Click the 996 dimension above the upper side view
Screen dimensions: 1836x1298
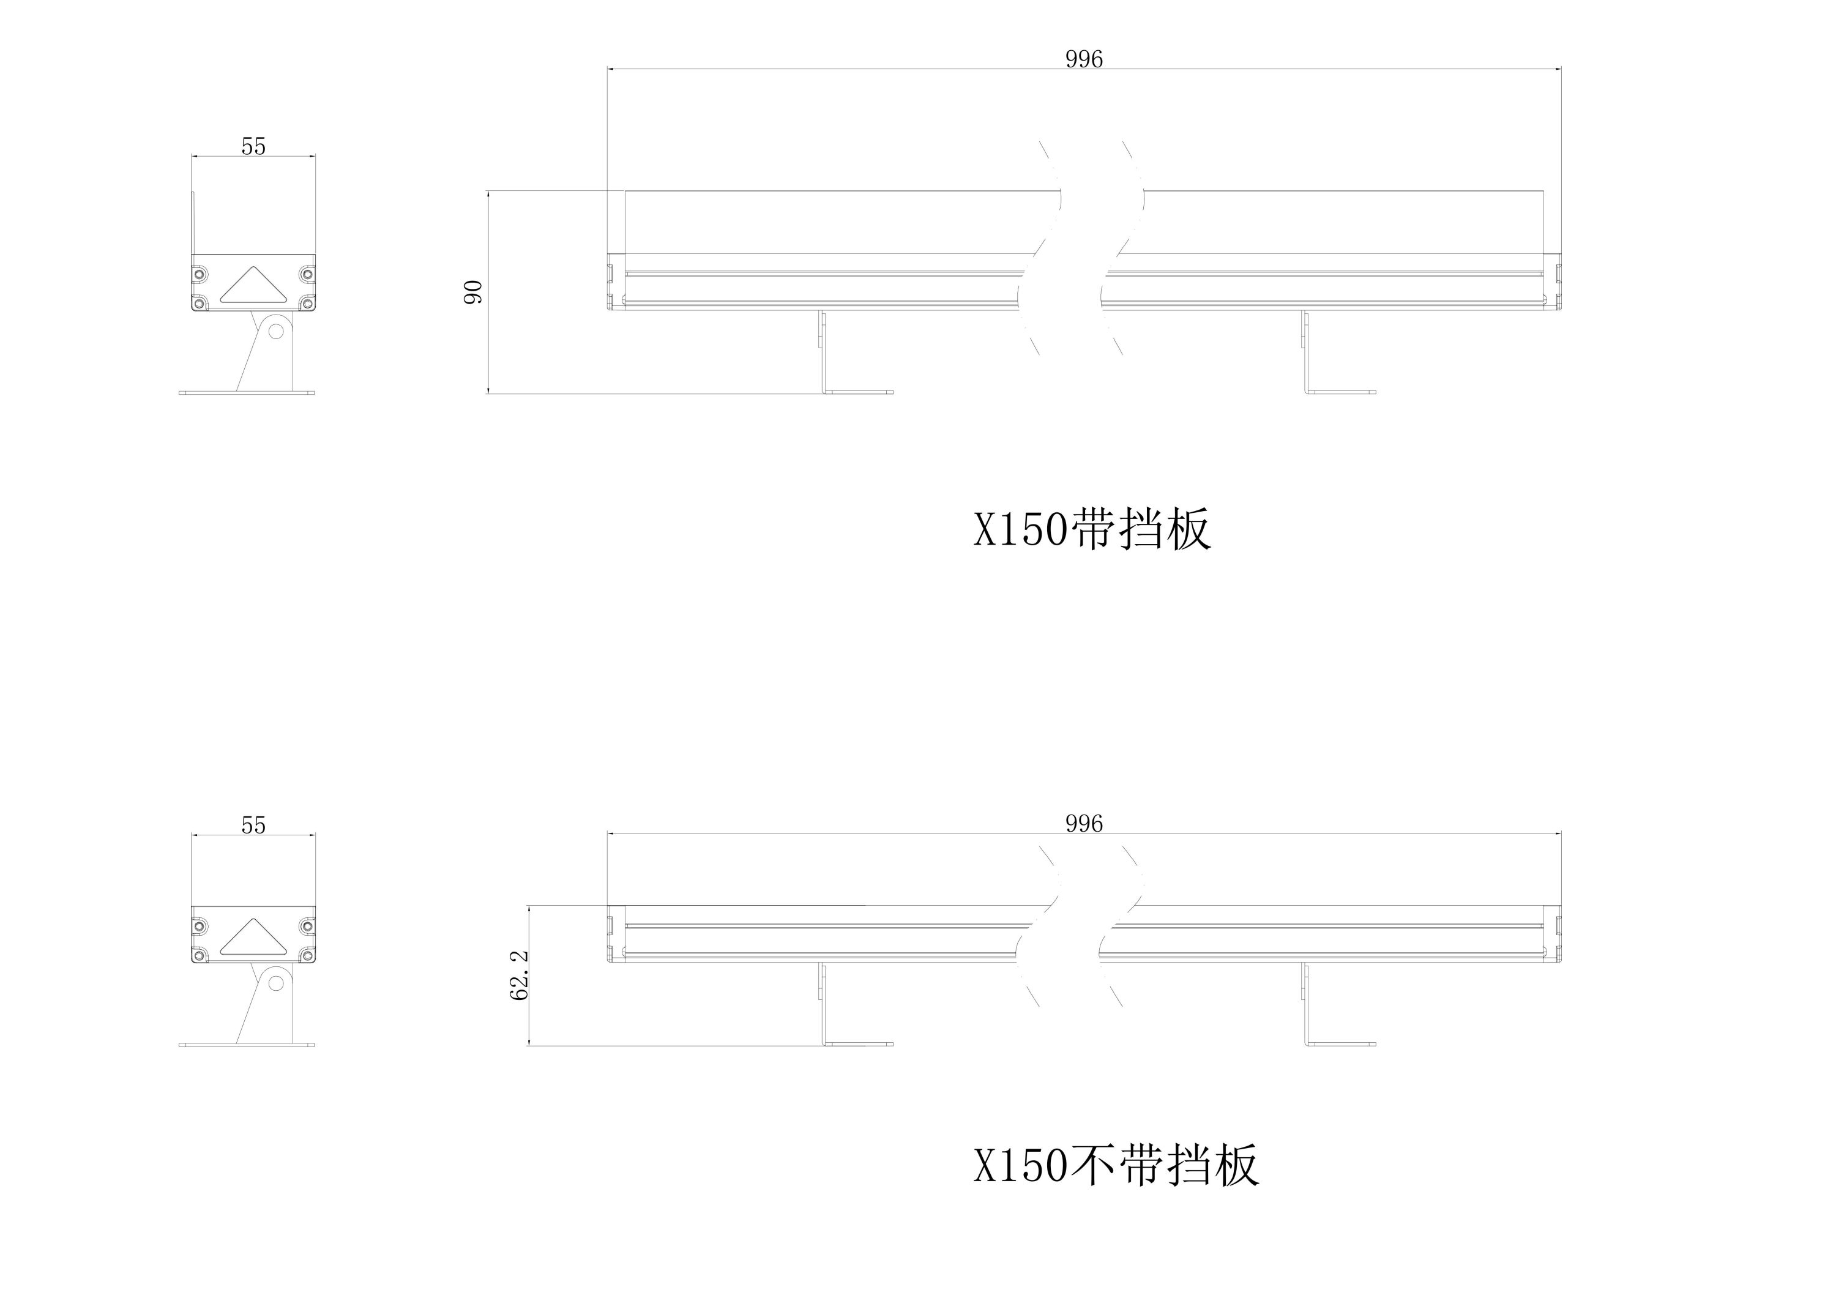(1083, 59)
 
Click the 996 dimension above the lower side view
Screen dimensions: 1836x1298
(1083, 824)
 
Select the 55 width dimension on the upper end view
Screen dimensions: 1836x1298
(253, 146)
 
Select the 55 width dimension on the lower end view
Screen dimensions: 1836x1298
(253, 826)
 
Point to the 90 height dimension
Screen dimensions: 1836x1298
(474, 292)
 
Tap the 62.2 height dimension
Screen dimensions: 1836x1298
(519, 975)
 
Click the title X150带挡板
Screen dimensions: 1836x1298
(1092, 529)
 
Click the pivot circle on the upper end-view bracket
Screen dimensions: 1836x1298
(276, 329)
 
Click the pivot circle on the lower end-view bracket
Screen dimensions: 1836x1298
(276, 981)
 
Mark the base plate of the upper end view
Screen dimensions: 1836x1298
(246, 393)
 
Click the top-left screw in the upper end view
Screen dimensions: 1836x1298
(199, 274)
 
